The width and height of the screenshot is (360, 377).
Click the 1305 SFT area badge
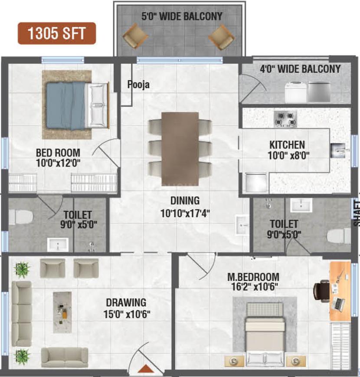click(56, 33)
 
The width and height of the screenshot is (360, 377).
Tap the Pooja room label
click(138, 85)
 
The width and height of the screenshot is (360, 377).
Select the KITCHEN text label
click(287, 144)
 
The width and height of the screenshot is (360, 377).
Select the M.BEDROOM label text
click(253, 277)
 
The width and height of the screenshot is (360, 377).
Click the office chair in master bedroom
click(322, 289)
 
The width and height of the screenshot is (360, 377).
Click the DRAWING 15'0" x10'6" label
click(126, 308)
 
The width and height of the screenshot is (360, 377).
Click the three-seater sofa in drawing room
click(21, 313)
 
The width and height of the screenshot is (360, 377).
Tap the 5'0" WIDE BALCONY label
click(182, 17)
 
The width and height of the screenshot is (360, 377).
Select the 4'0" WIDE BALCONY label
click(300, 69)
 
